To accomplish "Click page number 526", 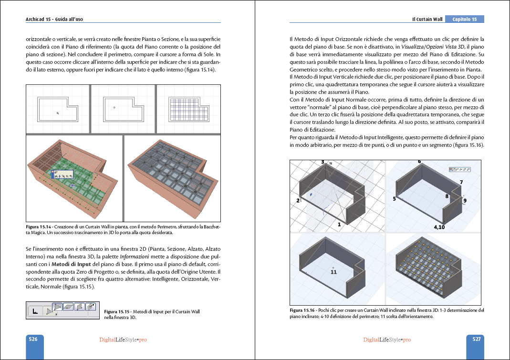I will click(x=33, y=339).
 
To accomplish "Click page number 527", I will click(x=476, y=339).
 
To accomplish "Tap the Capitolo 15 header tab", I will click(x=464, y=20).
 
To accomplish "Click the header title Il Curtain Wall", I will click(x=427, y=20).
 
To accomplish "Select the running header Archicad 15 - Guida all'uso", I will click(x=58, y=19).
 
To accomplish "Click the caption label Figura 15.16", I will click(x=302, y=310).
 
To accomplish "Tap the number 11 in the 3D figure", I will click(x=333, y=272).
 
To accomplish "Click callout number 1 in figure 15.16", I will click(x=339, y=224).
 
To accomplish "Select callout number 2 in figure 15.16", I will click(x=298, y=201).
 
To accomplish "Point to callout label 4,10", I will click(x=439, y=227).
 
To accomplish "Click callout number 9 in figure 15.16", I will click(x=465, y=201).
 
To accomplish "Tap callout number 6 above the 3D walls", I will click(x=419, y=162).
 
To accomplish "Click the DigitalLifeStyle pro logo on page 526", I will click(x=123, y=339).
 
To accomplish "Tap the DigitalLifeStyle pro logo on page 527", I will click(x=387, y=339).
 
